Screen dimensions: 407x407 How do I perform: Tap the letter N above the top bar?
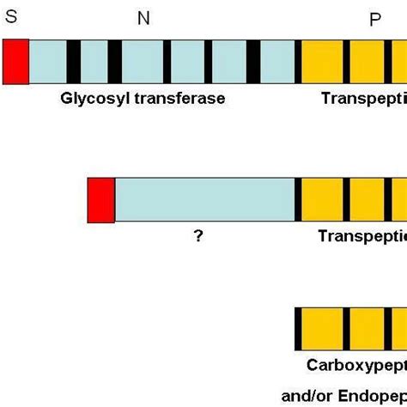click(x=143, y=20)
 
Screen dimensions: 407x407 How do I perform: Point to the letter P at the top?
click(x=375, y=20)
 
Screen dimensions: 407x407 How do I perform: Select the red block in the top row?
click(x=15, y=62)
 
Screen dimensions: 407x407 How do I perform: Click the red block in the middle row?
click(x=100, y=200)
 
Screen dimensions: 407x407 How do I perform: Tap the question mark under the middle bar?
click(x=198, y=236)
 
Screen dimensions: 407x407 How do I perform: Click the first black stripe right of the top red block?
click(x=74, y=62)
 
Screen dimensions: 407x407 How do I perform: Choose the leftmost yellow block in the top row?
click(x=323, y=62)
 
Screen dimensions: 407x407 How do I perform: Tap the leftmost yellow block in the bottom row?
click(x=323, y=329)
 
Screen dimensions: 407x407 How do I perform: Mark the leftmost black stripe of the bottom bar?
click(x=298, y=329)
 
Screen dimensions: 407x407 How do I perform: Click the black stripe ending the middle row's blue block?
click(x=298, y=200)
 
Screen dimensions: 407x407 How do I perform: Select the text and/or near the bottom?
click(x=307, y=396)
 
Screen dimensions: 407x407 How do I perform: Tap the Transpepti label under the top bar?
click(x=363, y=98)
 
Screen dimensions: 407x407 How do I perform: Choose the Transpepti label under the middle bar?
click(x=361, y=236)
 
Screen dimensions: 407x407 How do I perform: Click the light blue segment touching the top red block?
click(x=48, y=62)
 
